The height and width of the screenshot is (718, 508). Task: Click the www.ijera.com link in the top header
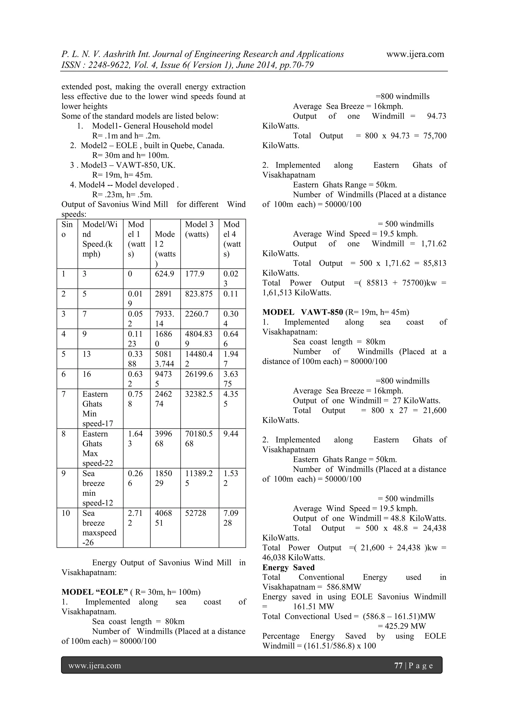pos(415,54)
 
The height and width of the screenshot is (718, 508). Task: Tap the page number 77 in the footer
pos(398,665)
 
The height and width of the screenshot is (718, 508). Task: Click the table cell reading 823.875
pos(199,294)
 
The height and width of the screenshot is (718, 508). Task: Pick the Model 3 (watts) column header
pos(199,229)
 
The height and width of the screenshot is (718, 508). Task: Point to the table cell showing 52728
pos(195,513)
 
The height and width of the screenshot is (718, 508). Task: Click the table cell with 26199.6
pos(199,374)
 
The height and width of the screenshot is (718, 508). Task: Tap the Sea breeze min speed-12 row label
pos(97,488)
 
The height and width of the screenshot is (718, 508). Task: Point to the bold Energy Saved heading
pos(288,567)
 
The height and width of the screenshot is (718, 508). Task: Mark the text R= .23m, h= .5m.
pos(122,195)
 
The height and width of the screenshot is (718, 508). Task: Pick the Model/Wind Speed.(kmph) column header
pos(100,239)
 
